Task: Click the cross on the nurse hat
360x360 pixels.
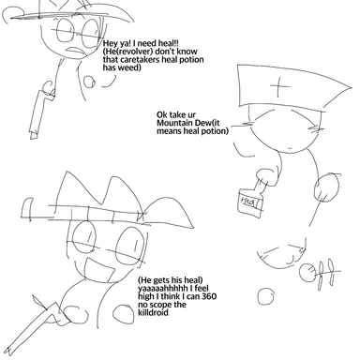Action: point(279,86)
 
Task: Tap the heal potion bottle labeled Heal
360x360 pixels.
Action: point(252,200)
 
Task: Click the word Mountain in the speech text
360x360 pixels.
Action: point(172,123)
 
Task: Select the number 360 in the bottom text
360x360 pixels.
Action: point(209,296)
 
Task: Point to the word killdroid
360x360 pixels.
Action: point(153,312)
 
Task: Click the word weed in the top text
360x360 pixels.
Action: point(128,67)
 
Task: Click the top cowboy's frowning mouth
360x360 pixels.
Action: point(76,51)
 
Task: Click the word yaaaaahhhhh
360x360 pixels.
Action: point(163,288)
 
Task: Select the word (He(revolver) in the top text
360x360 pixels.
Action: point(128,52)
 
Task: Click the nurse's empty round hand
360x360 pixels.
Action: point(326,187)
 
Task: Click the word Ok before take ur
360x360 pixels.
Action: point(161,114)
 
